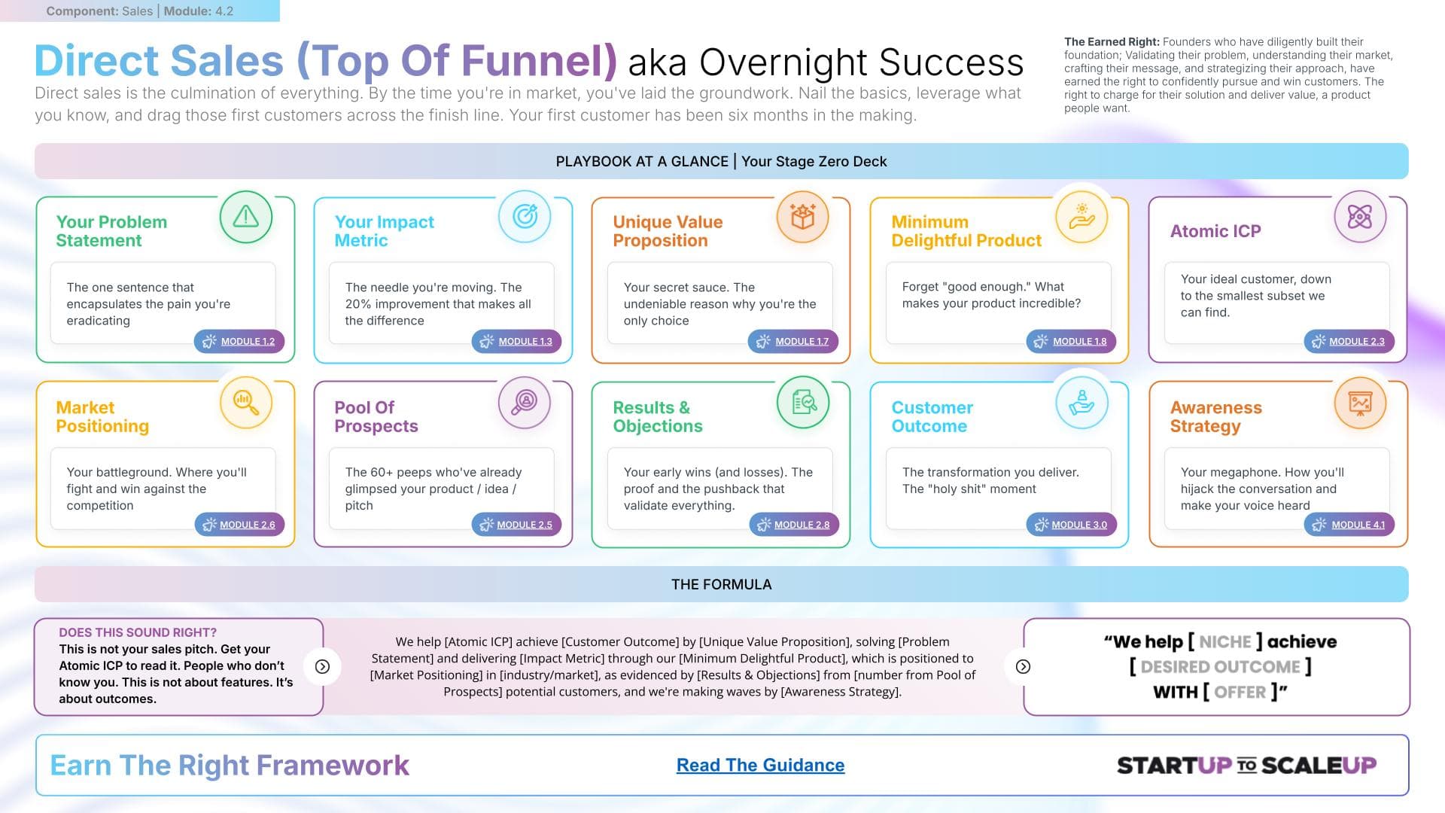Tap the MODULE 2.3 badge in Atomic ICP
click(1349, 341)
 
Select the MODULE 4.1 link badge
click(1349, 525)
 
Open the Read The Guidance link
click(760, 765)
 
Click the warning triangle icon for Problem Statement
click(246, 217)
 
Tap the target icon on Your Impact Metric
click(525, 217)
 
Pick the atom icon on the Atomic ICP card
click(1360, 217)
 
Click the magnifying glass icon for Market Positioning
click(246, 402)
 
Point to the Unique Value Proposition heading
click(668, 231)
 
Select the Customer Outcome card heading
click(932, 416)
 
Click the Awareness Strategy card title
click(1215, 416)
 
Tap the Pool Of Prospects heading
click(376, 416)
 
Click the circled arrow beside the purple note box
click(322, 666)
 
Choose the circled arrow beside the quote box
click(1023, 666)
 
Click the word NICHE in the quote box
click(1224, 642)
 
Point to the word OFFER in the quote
click(1240, 692)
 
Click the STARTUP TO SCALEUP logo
click(1246, 766)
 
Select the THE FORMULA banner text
click(721, 584)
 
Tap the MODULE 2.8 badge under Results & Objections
click(794, 525)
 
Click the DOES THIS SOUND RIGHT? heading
click(138, 632)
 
